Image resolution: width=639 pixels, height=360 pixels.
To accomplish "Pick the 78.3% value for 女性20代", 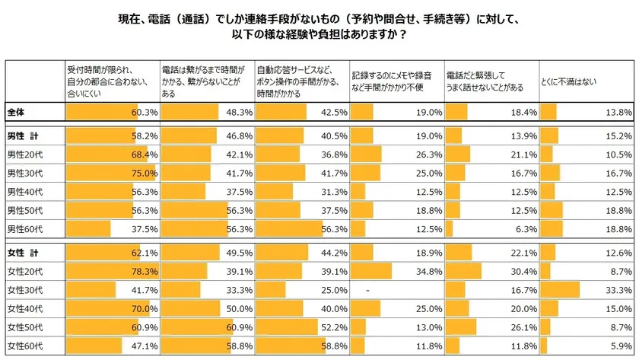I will [145, 270].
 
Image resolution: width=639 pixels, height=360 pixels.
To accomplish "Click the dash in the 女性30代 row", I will [367, 290].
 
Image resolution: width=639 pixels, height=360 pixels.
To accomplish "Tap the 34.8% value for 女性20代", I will [429, 270].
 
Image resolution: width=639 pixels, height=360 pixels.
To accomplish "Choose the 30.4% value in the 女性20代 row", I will [524, 270].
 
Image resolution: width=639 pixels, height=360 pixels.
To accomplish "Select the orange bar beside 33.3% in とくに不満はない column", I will [560, 290].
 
